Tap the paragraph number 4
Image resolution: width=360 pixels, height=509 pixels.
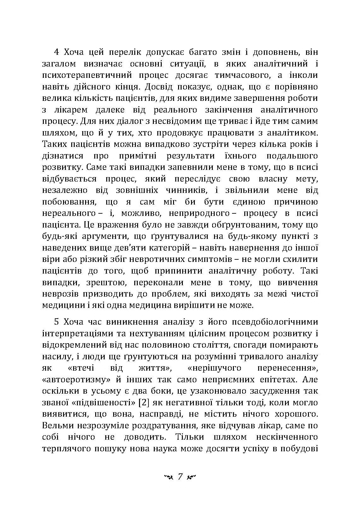(56, 52)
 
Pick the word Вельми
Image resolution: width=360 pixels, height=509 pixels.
(58, 425)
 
